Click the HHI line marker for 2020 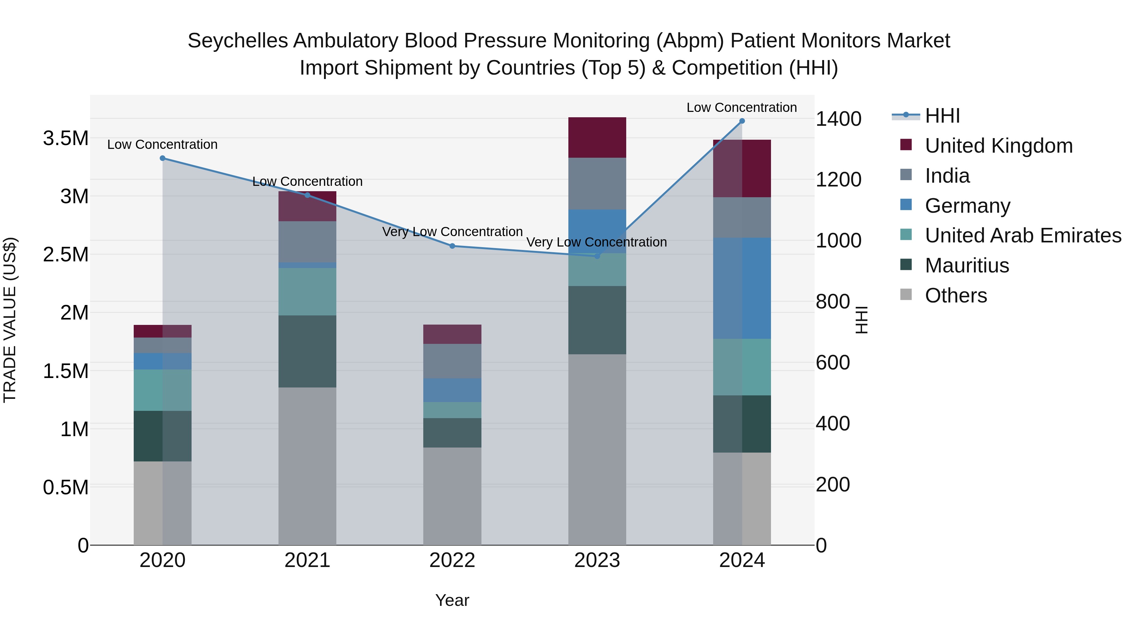click(x=162, y=158)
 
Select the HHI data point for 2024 click(x=742, y=121)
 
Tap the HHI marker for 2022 click(x=452, y=246)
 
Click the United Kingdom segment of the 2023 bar click(x=597, y=137)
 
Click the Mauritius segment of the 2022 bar click(x=452, y=433)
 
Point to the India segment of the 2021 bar click(x=307, y=241)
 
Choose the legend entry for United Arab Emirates click(x=1023, y=235)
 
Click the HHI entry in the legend click(x=942, y=116)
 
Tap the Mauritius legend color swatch click(x=906, y=265)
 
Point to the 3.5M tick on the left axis click(x=66, y=138)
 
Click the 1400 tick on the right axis click(x=838, y=119)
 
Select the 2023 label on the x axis click(x=597, y=560)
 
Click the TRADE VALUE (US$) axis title click(x=10, y=320)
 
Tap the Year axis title click(x=452, y=600)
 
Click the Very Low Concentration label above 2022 click(x=452, y=232)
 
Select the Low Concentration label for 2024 click(x=741, y=107)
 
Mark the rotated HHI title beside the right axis click(x=861, y=320)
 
